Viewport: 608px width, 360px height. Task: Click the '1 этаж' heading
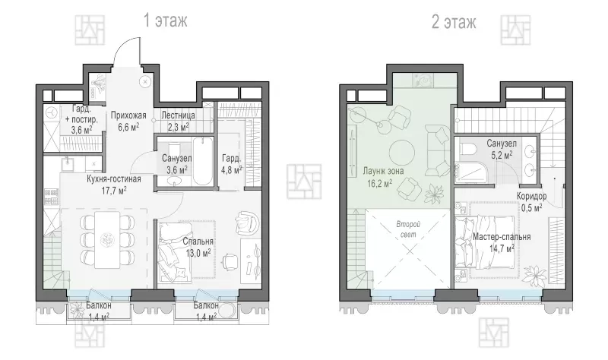pyautogui.click(x=166, y=21)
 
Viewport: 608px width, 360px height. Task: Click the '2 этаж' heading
pyautogui.click(x=454, y=22)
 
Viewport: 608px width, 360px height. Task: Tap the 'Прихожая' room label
pyautogui.click(x=128, y=115)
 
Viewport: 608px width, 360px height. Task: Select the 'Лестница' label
pyautogui.click(x=178, y=115)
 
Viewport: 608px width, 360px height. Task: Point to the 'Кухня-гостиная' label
pyautogui.click(x=113, y=179)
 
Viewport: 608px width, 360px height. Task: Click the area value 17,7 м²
pyautogui.click(x=113, y=191)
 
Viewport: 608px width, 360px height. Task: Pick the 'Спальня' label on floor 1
pyautogui.click(x=198, y=242)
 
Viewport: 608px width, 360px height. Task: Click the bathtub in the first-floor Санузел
pyautogui.click(x=203, y=161)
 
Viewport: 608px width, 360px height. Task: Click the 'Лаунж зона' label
pyautogui.click(x=383, y=171)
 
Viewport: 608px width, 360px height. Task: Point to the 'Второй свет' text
pyautogui.click(x=408, y=229)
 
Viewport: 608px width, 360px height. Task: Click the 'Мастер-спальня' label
pyautogui.click(x=502, y=236)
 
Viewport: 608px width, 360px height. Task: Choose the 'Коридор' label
pyautogui.click(x=531, y=196)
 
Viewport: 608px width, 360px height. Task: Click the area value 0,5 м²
pyautogui.click(x=531, y=207)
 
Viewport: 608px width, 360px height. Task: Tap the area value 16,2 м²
pyautogui.click(x=380, y=182)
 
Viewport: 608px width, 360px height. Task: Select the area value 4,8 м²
pyautogui.click(x=232, y=169)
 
